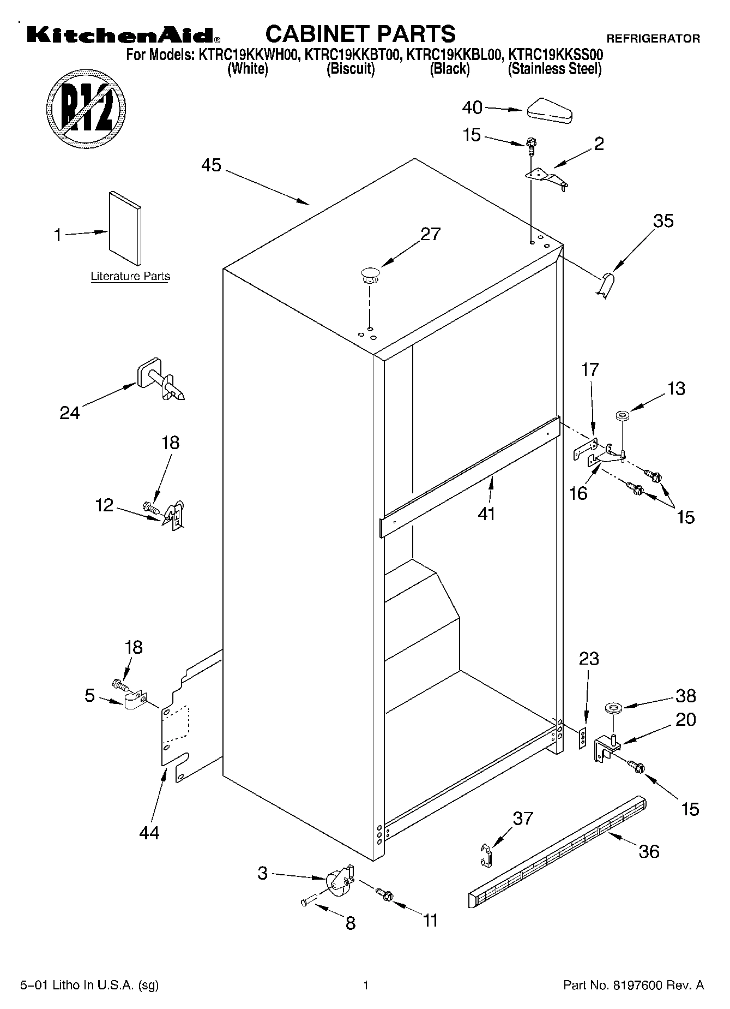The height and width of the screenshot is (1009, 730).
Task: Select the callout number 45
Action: click(x=212, y=165)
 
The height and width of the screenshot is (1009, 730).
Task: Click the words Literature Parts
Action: click(x=130, y=276)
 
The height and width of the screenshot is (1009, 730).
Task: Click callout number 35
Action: click(x=663, y=221)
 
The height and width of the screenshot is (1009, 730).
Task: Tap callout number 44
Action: click(x=149, y=832)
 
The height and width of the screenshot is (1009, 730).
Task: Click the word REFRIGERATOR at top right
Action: click(x=653, y=39)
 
